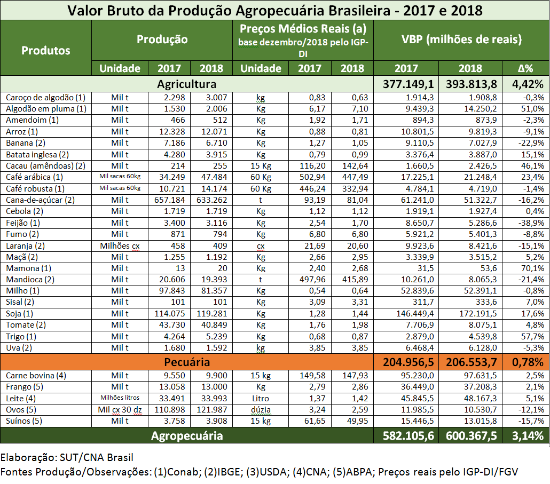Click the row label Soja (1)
20,313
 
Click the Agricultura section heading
186,84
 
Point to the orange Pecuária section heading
186,362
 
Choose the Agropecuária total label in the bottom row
186,435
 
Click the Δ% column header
525,68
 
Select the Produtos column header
46,51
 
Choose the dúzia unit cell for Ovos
261,409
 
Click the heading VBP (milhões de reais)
461,39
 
